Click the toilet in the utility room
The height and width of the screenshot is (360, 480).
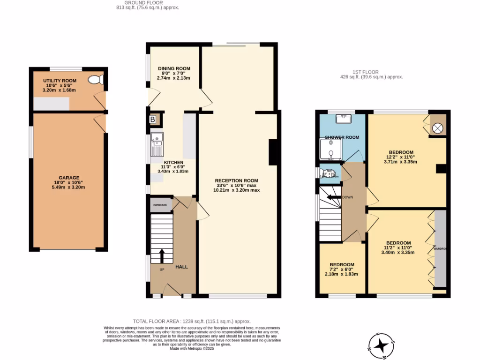(96, 80)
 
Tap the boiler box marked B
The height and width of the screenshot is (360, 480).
(152, 120)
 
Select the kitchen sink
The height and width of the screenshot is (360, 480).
(157, 144)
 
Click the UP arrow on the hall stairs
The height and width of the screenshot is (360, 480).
(162, 256)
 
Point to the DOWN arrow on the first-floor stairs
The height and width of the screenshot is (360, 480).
(334, 197)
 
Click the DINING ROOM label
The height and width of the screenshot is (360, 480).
(173, 68)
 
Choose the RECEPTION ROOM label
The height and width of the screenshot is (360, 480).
(236, 180)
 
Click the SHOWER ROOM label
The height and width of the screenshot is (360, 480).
(342, 137)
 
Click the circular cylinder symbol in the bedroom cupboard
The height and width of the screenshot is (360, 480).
(437, 128)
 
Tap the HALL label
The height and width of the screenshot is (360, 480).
(181, 267)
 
